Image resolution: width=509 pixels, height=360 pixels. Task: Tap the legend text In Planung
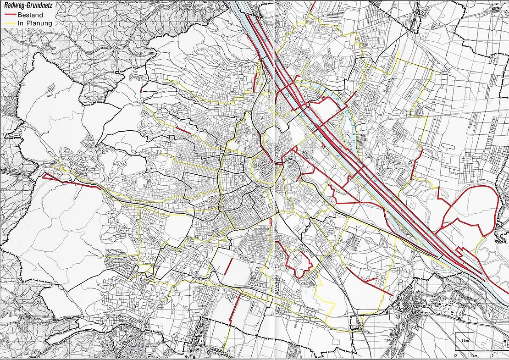point(35,23)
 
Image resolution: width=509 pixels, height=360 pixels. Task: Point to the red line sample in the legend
point(10,15)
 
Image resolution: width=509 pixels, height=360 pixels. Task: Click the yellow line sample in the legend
point(10,23)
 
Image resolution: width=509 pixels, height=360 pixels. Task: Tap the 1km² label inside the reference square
point(465,341)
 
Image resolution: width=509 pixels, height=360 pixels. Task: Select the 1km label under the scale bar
point(475,356)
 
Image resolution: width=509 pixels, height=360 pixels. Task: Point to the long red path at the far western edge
point(69,182)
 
